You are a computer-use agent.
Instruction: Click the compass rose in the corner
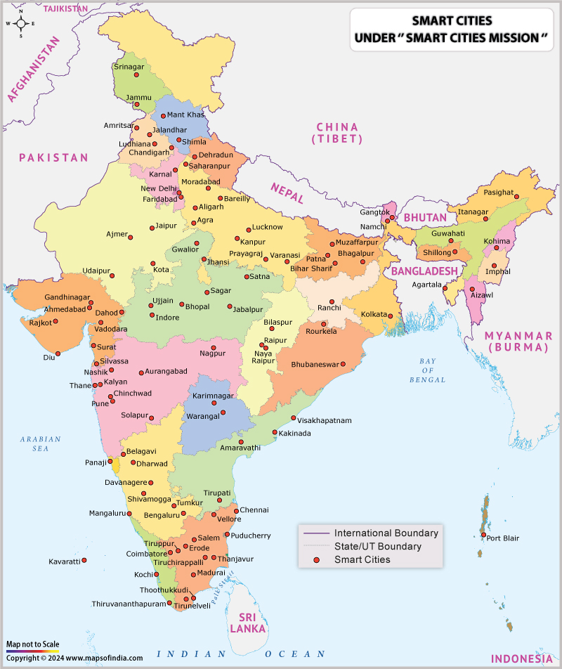pyautogui.click(x=20, y=23)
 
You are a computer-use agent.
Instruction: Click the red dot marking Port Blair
pyautogui.click(x=483, y=535)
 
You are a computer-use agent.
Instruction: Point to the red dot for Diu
pyautogui.click(x=58, y=353)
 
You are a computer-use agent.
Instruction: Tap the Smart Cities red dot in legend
pyautogui.click(x=317, y=559)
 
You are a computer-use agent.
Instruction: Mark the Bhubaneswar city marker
pyautogui.click(x=344, y=364)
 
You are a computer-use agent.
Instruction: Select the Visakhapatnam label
pyautogui.click(x=324, y=420)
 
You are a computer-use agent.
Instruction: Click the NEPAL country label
pyautogui.click(x=287, y=193)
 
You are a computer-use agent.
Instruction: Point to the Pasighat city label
pyautogui.click(x=499, y=193)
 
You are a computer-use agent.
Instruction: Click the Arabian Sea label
pyautogui.click(x=40, y=444)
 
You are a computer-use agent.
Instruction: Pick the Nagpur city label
pyautogui.click(x=212, y=353)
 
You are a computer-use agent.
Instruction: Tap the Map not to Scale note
pyautogui.click(x=32, y=644)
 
